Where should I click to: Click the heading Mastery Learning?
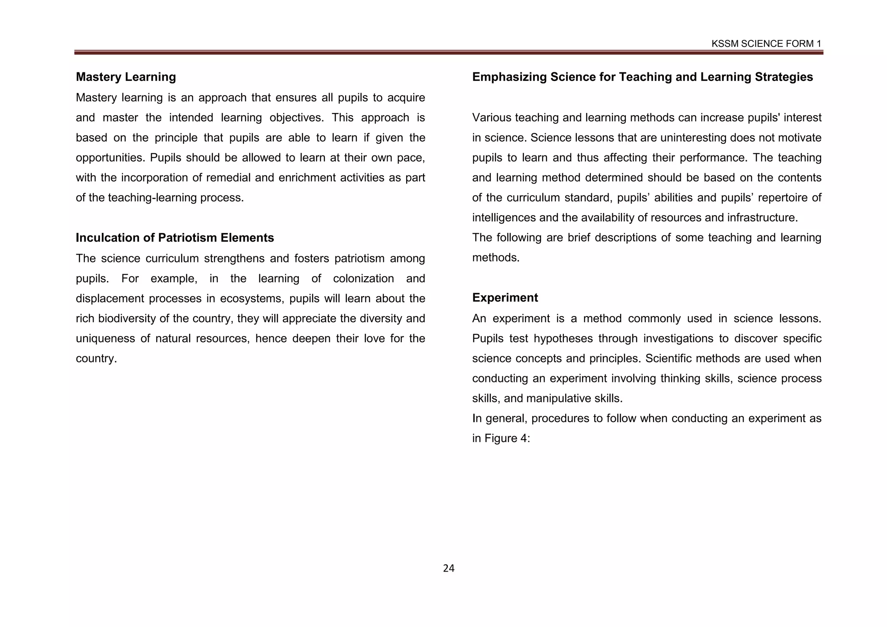126,77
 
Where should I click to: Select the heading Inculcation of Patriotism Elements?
175,238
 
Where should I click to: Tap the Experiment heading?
505,298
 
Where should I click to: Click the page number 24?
449,569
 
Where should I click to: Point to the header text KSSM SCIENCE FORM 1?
766,44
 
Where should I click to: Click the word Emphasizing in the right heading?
509,77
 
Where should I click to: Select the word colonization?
363,278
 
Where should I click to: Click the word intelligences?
504,218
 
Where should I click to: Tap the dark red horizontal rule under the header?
448,52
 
